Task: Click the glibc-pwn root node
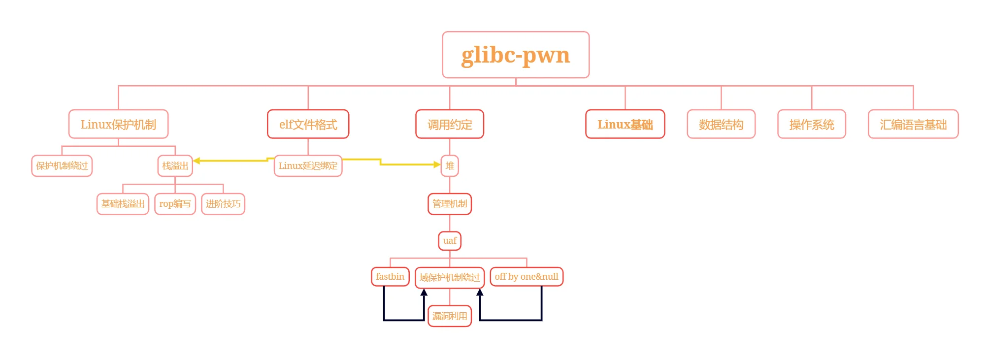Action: (x=515, y=55)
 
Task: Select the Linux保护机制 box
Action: (x=118, y=124)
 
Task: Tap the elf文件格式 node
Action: (x=308, y=124)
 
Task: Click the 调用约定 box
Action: (x=449, y=124)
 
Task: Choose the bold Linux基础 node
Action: (x=625, y=124)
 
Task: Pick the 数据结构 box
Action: (x=721, y=124)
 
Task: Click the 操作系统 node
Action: (x=811, y=124)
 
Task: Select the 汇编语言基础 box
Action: (x=913, y=124)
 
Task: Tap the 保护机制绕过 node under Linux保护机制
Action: (x=62, y=165)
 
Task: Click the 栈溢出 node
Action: (x=175, y=165)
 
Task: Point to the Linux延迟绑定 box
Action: (x=308, y=165)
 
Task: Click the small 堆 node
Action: (x=449, y=165)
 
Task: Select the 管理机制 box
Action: (x=449, y=203)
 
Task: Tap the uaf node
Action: (x=449, y=240)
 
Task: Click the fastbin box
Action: (x=390, y=276)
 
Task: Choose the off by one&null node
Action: (x=526, y=276)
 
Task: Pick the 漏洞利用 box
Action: (x=449, y=316)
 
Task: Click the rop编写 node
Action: (x=175, y=203)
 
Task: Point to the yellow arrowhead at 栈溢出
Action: (x=197, y=161)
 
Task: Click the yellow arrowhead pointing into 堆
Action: (x=437, y=164)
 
